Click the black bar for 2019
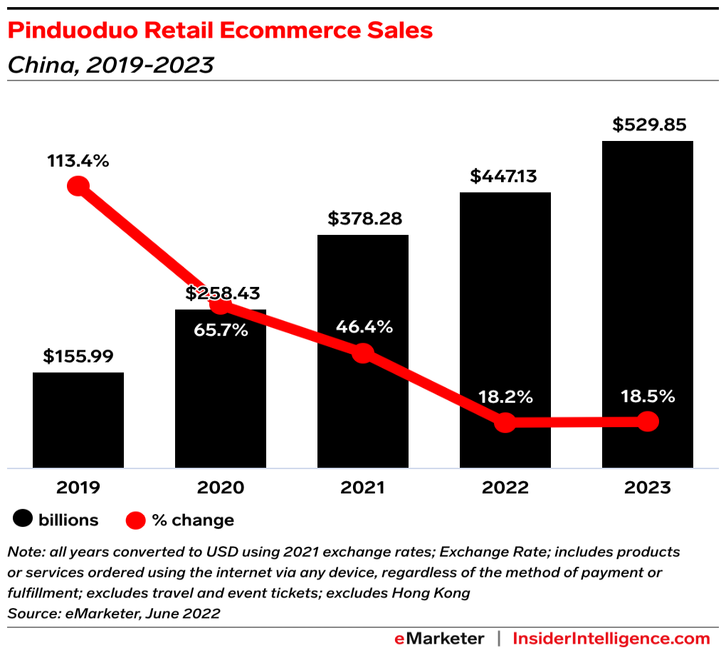78,420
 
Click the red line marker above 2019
78,187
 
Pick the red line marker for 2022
505,422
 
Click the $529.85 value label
648,125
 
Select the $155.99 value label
78,356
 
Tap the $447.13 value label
505,177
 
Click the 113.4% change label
78,161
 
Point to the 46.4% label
363,327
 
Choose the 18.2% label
505,397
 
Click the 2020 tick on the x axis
221,488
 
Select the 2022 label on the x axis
505,488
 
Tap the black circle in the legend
24,520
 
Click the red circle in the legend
136,520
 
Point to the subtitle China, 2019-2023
110,65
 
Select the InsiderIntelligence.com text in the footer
611,638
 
